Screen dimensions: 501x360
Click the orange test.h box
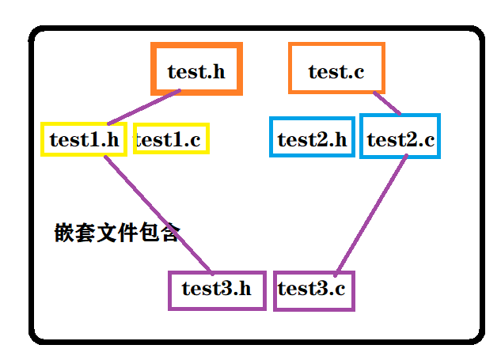196,70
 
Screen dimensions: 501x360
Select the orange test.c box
336,70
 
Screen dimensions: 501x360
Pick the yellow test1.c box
171,139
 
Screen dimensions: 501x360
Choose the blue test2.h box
312,139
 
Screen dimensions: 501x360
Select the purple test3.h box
216,290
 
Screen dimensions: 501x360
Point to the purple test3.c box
313,290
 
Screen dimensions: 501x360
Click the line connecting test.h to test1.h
145,107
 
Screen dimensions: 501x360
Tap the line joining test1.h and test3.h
158,214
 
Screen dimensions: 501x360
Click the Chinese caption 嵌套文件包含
117,233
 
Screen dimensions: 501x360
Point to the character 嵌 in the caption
64,233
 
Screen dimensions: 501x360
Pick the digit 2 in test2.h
320,140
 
